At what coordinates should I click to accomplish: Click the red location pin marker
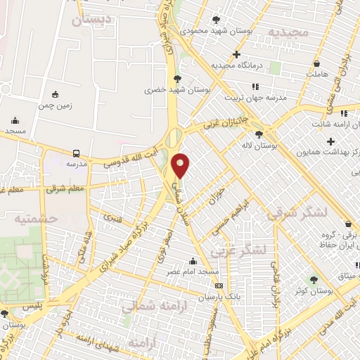click(x=181, y=165)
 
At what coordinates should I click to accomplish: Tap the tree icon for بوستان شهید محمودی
click(x=215, y=19)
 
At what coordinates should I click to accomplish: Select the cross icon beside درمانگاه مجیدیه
click(x=237, y=55)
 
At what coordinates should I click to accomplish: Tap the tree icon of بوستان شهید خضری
click(x=177, y=78)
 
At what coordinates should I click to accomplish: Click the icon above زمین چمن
click(x=55, y=94)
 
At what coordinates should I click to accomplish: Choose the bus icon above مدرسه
click(x=76, y=153)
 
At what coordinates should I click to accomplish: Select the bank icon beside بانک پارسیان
click(x=219, y=286)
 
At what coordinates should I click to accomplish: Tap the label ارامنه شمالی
click(x=148, y=306)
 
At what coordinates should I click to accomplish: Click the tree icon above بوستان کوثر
click(x=324, y=279)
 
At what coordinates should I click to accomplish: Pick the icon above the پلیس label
click(x=6, y=314)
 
